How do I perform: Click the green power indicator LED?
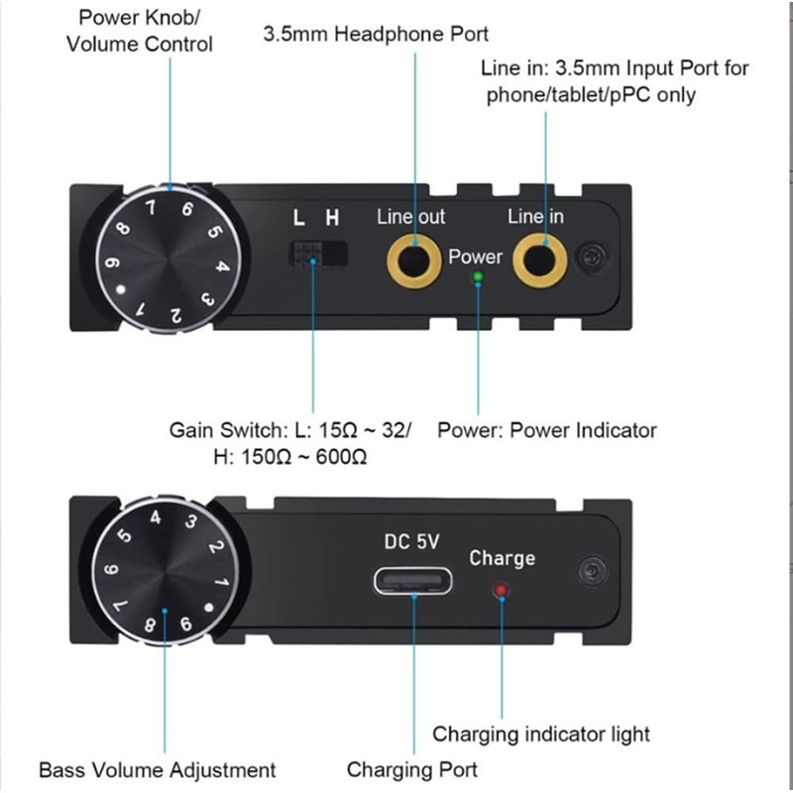[x=478, y=278]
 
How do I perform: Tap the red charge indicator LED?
[x=502, y=592]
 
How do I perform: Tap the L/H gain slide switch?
[x=317, y=253]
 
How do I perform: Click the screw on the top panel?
[x=593, y=257]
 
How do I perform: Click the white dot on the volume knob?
[x=120, y=290]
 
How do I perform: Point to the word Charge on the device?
[x=502, y=558]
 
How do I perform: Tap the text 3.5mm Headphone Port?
[x=376, y=35]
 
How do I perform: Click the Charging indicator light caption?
[x=541, y=735]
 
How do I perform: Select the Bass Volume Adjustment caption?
[x=157, y=769]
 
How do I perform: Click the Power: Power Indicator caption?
[x=547, y=430]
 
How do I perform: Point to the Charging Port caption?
[x=411, y=769]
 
